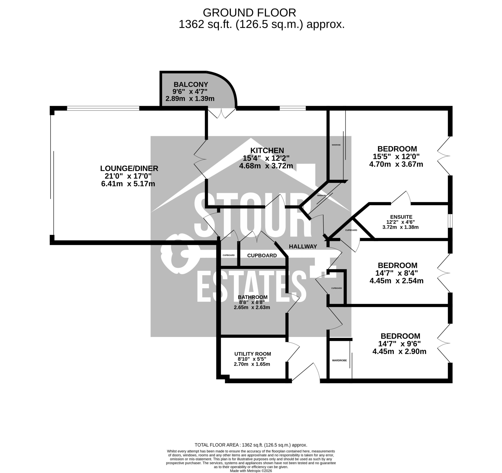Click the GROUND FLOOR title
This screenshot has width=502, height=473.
coord(249,13)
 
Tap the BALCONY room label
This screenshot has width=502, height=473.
coord(191,84)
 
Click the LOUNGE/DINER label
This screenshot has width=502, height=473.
coord(129,168)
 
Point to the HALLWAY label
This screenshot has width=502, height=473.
coord(303,247)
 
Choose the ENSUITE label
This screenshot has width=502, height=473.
coord(401,217)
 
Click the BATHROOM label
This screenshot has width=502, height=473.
coord(253,297)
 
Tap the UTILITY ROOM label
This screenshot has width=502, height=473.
coord(253,354)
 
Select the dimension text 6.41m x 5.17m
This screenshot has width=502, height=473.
coord(128,184)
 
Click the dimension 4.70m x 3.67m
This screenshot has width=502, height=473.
coord(396,164)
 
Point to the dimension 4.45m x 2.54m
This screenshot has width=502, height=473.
coord(397,281)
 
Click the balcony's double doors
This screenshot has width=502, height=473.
coord(221,113)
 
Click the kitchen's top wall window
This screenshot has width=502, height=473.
coord(292,108)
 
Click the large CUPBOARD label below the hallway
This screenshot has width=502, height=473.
coord(262,255)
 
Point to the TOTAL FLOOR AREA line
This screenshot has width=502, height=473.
coord(251,445)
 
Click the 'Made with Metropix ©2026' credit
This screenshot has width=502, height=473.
coord(251,471)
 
